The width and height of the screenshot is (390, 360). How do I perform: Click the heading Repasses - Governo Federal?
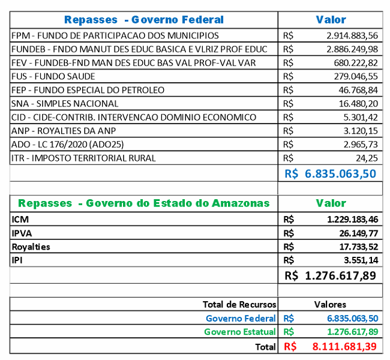point(143,20)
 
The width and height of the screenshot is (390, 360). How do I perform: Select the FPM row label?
point(115,35)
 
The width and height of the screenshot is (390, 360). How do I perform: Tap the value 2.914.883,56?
point(352,35)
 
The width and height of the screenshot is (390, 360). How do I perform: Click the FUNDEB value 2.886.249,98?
point(352,49)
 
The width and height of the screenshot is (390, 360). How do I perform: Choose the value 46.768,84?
point(356,90)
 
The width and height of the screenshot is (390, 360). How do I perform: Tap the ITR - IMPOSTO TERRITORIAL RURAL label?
point(83,158)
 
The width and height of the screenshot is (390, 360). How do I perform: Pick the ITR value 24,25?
point(366,158)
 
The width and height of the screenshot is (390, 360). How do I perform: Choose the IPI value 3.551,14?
point(359,260)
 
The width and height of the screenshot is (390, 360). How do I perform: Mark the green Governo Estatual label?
point(239,332)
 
